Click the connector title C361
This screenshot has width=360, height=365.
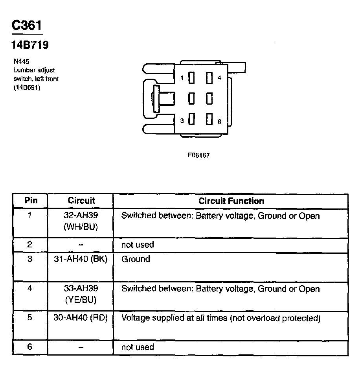(27, 26)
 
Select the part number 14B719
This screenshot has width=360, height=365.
(30, 45)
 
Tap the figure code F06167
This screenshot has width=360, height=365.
(198, 155)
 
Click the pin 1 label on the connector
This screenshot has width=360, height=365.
(182, 78)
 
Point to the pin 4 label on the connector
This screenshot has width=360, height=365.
(219, 78)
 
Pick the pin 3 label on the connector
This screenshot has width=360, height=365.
(182, 121)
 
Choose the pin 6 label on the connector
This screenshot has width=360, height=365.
(219, 121)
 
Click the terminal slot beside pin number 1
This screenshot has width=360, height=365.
(192, 78)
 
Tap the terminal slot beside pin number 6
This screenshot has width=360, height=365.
(209, 120)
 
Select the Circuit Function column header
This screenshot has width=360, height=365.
(231, 201)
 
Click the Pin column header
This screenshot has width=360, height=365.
(31, 201)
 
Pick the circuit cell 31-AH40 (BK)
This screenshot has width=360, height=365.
(81, 259)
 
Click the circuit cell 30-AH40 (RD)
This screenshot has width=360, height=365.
(81, 318)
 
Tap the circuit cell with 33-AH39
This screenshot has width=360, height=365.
(81, 294)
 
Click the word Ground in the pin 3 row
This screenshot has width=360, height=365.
(136, 259)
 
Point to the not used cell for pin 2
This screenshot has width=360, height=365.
(138, 245)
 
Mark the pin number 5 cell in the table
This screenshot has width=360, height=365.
(30, 317)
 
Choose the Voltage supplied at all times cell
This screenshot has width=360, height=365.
(220, 318)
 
